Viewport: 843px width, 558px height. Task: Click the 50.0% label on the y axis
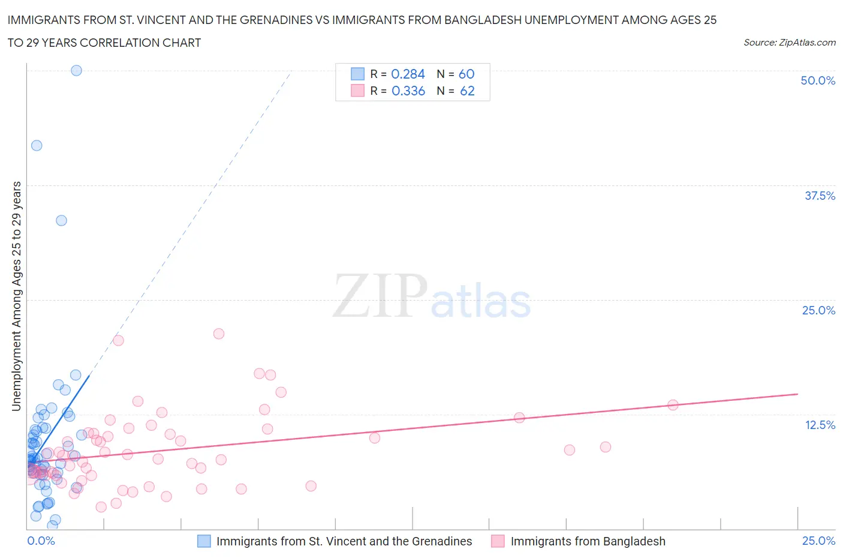[818, 80]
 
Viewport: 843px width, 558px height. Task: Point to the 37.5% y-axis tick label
[820, 196]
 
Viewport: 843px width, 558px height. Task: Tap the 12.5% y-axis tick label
[820, 425]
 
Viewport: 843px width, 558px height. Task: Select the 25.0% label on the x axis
[818, 541]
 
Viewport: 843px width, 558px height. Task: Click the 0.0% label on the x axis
[41, 541]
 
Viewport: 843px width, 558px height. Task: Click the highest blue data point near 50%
[76, 70]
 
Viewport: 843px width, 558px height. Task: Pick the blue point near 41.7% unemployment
[37, 145]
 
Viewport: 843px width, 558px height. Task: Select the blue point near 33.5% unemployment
[61, 220]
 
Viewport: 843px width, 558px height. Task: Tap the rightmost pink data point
[673, 405]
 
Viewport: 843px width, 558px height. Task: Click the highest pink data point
[219, 334]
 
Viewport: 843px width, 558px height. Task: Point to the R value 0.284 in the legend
[408, 74]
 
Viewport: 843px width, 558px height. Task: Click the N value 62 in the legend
[467, 91]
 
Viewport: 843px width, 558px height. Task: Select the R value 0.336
[408, 91]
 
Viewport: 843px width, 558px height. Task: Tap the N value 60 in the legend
[466, 74]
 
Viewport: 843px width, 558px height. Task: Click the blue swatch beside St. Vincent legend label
[204, 541]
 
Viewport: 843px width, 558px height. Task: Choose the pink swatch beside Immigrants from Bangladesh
[498, 541]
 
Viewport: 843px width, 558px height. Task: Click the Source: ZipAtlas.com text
[789, 42]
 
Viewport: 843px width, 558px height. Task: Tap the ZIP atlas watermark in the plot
[432, 296]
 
